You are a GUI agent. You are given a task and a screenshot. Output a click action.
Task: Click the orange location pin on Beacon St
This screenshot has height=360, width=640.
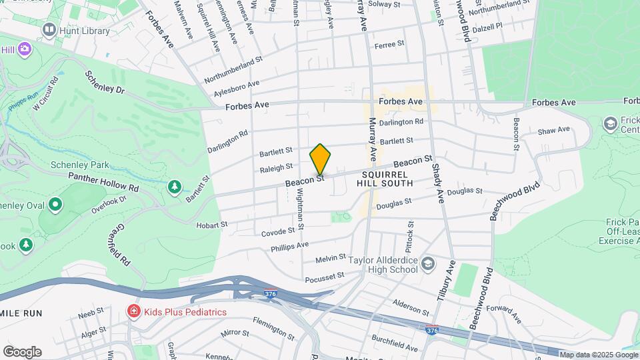(x=321, y=159)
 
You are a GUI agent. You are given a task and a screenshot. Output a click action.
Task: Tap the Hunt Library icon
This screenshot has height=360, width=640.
(x=49, y=29)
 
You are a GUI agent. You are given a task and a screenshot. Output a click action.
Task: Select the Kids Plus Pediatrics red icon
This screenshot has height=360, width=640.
(x=134, y=311)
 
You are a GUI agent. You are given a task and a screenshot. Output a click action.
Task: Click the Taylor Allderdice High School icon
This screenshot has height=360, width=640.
(x=427, y=264)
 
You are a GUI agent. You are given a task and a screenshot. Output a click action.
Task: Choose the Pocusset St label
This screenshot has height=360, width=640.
(x=324, y=276)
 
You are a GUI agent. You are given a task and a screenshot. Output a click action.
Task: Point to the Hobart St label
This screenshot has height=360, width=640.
(x=212, y=225)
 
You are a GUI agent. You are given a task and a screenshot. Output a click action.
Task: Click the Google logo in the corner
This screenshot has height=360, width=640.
(x=21, y=351)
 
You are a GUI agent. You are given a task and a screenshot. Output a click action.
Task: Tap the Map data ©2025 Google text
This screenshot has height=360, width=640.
(x=598, y=355)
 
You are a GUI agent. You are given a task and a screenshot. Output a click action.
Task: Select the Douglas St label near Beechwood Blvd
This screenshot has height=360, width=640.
(x=464, y=191)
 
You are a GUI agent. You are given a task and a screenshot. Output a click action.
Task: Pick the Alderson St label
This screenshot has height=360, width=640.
(x=411, y=307)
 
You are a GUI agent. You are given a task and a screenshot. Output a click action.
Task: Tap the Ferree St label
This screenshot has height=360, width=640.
(x=389, y=44)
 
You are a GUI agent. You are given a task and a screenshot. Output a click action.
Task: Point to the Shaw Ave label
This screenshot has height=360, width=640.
(x=554, y=130)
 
